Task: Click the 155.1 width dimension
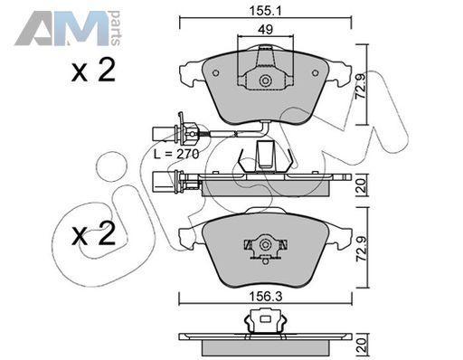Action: tap(265, 12)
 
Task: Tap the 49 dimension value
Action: tap(266, 30)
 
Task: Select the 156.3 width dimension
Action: tap(266, 298)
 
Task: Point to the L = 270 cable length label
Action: tap(176, 155)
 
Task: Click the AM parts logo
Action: tap(68, 29)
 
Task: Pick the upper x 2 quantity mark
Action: tap(93, 71)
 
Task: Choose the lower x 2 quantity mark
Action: tap(93, 233)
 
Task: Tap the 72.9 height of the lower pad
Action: tap(361, 249)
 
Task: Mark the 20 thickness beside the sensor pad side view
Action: tap(361, 186)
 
